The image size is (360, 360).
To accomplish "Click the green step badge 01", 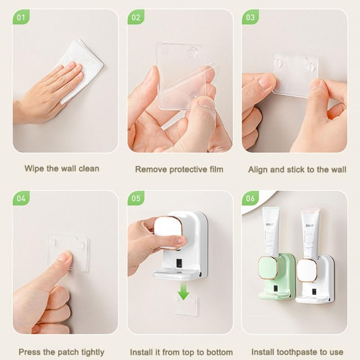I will [x=20, y=18].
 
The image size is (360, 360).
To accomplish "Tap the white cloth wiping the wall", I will [x=83, y=67].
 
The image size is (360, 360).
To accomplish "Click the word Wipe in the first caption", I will [x=34, y=169].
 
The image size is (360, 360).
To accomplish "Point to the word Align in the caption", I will [x=258, y=170].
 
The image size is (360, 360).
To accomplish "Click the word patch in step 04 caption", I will [x=68, y=352].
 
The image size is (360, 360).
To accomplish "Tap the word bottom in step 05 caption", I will [x=220, y=352].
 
